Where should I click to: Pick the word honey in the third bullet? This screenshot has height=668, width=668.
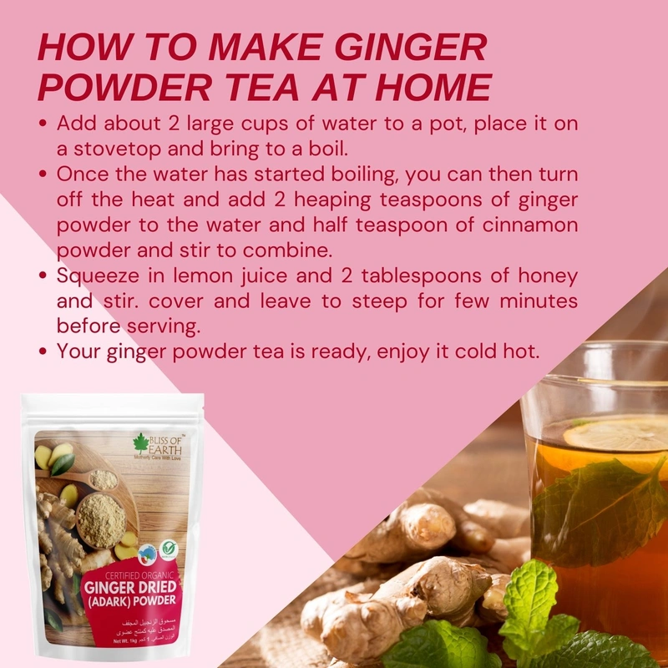click(546, 276)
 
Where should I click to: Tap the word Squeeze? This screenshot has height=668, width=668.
click(99, 276)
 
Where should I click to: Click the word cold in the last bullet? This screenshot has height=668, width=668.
click(475, 351)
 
